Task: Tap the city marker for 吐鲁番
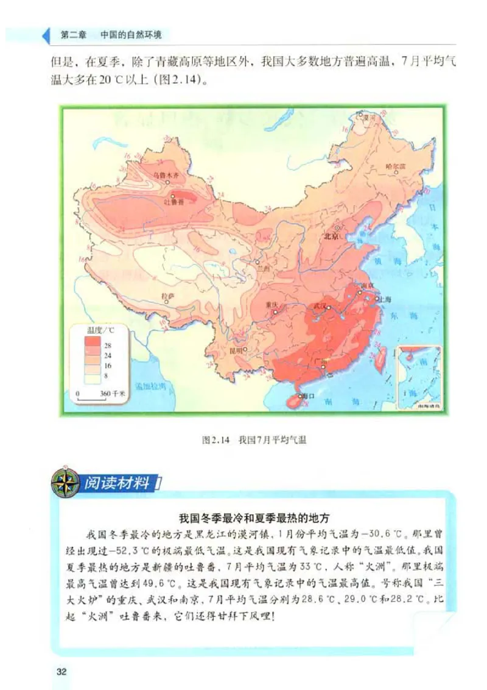pyautogui.click(x=173, y=196)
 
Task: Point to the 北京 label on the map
pyautogui.click(x=331, y=237)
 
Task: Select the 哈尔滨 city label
pyautogui.click(x=396, y=166)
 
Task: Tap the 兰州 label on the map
pyautogui.click(x=263, y=268)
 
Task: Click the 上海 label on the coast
pyautogui.click(x=385, y=299)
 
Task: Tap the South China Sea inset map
pyautogui.click(x=419, y=377)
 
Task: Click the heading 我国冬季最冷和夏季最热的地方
pyautogui.click(x=254, y=519)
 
